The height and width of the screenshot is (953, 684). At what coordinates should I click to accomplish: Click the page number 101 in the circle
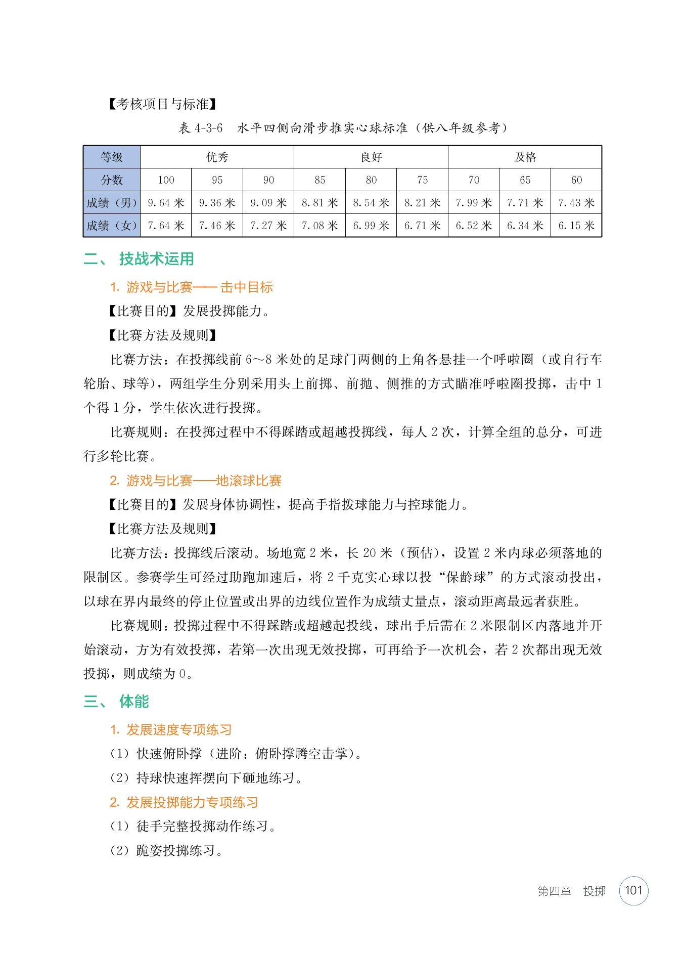point(633,890)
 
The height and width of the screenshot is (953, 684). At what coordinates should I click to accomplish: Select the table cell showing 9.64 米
point(166,203)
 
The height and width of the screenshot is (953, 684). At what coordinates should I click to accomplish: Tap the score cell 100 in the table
point(166,180)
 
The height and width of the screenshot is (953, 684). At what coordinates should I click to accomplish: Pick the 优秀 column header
point(217,157)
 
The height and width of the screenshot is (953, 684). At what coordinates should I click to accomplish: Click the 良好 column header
point(371,157)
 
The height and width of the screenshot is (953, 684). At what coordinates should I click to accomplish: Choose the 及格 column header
point(525,157)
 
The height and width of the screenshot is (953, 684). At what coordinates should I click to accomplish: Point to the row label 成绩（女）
point(112,226)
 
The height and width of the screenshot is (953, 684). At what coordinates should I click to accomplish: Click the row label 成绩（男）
point(112,203)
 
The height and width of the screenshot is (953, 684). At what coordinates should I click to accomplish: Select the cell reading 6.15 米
point(576,226)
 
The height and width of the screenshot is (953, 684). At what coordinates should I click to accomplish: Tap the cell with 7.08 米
point(320,226)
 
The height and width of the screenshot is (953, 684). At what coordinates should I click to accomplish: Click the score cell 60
point(576,180)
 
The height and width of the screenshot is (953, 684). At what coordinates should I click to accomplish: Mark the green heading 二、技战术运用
point(139,259)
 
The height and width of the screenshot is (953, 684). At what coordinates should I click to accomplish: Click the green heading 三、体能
point(116,702)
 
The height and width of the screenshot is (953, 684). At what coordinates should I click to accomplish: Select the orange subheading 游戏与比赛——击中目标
point(192,287)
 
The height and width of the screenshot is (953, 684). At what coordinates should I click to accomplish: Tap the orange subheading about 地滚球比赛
point(196,481)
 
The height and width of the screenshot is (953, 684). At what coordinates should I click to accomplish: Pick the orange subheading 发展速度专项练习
point(171,730)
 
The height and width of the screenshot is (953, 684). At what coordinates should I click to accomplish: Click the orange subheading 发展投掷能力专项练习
point(185,802)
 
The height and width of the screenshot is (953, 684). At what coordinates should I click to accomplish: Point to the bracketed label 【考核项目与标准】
point(163,104)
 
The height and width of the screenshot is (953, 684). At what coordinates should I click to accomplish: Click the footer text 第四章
point(554,891)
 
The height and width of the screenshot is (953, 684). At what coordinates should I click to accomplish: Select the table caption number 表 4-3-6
point(200,128)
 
